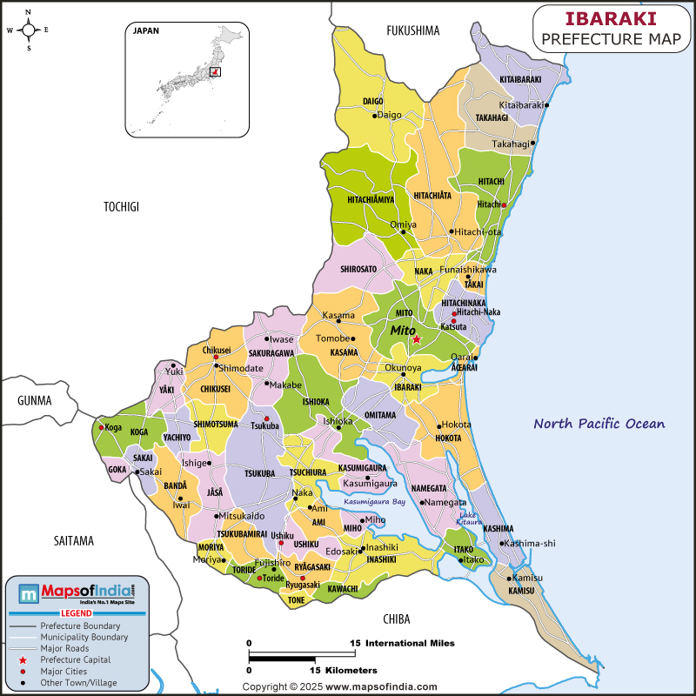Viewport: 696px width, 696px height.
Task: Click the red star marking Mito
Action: pyautogui.click(x=417, y=339)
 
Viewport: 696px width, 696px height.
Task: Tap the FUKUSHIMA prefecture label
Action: pyautogui.click(x=413, y=30)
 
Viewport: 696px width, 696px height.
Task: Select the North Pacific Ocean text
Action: pyautogui.click(x=599, y=424)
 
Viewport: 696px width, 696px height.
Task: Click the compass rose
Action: pyautogui.click(x=29, y=30)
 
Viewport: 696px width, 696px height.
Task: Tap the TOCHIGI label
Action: pyautogui.click(x=121, y=206)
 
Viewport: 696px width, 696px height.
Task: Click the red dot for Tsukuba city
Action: pyautogui.click(x=267, y=418)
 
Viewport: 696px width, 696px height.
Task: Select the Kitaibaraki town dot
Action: pyautogui.click(x=547, y=105)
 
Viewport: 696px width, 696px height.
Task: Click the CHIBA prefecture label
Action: pyautogui.click(x=396, y=619)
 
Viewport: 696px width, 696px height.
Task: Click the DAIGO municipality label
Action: pyautogui.click(x=372, y=102)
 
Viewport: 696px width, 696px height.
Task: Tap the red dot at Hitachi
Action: pyautogui.click(x=504, y=205)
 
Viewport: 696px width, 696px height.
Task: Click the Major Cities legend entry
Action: pyautogui.click(x=64, y=671)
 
